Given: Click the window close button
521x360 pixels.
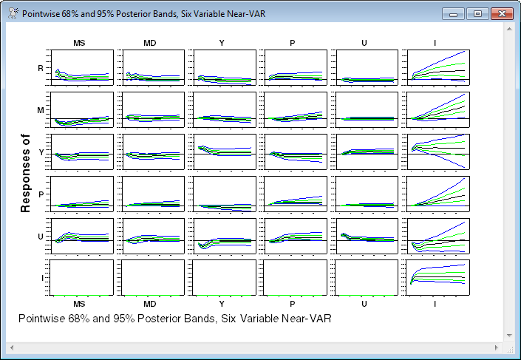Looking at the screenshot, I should (502, 13).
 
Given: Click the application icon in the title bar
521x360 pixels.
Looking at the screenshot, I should (12, 13).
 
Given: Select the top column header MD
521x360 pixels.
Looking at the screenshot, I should (149, 43).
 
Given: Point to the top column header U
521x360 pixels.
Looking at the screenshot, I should (364, 43).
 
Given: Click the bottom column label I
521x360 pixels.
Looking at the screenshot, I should (435, 304).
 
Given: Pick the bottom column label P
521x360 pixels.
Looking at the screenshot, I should (293, 304).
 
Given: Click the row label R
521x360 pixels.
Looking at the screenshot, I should (41, 68).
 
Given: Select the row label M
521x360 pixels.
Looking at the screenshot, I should (41, 110).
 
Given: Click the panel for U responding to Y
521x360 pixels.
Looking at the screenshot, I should (222, 235).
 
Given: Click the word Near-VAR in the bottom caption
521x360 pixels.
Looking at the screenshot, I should (304, 319).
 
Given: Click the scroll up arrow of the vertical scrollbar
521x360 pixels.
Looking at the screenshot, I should (509, 28).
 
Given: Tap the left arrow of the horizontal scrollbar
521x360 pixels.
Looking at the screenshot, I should (10, 346).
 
